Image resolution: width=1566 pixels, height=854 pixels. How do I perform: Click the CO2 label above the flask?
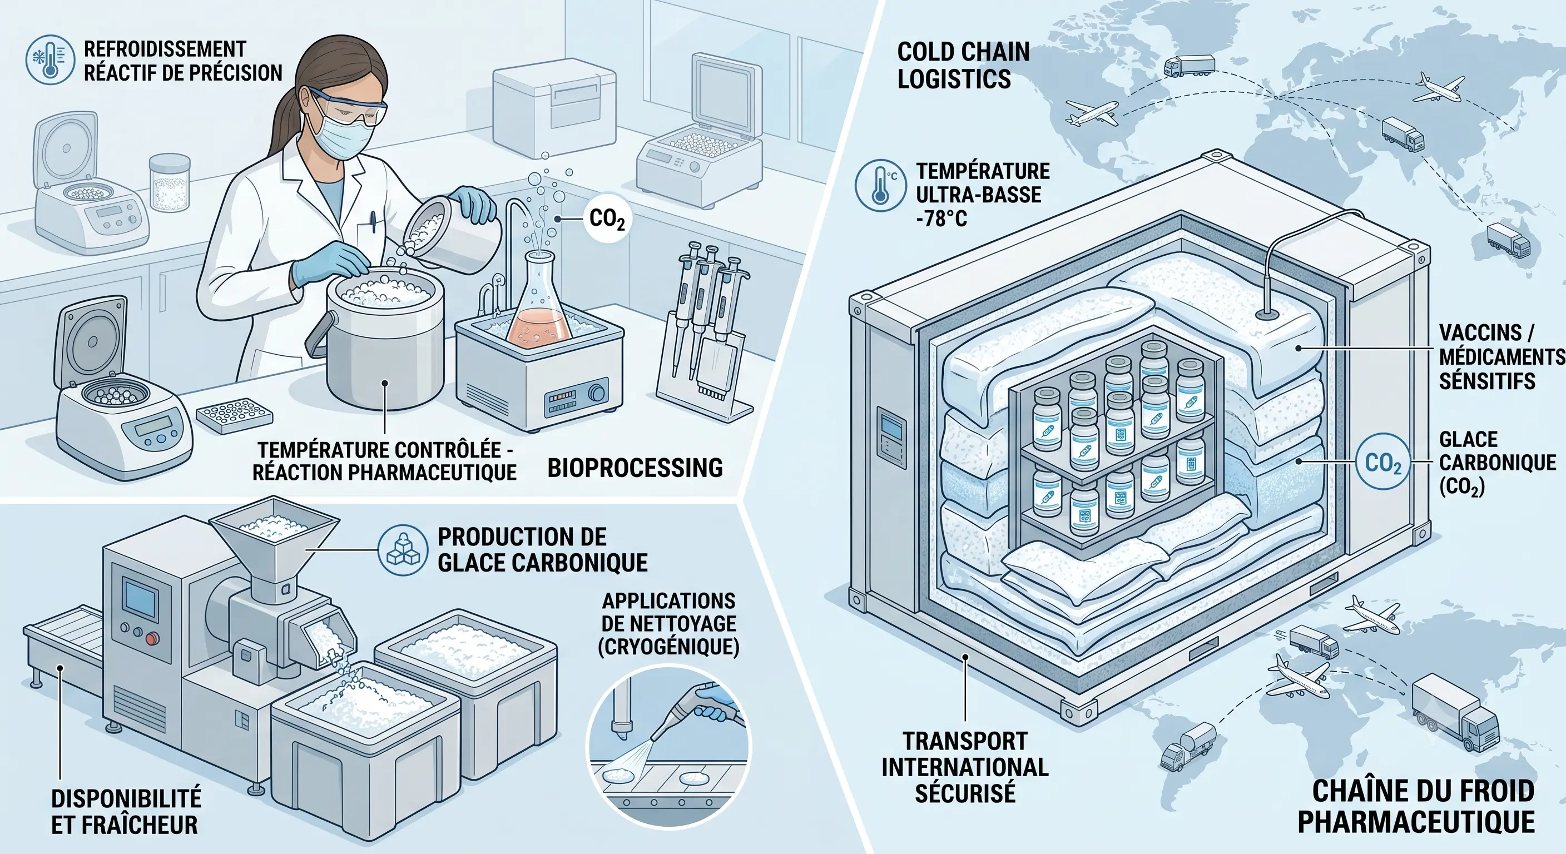[607, 220]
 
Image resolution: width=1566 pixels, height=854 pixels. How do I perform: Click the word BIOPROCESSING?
[635, 468]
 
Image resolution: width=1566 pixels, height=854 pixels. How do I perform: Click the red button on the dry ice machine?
[151, 638]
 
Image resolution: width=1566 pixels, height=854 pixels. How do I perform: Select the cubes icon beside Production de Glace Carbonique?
[403, 550]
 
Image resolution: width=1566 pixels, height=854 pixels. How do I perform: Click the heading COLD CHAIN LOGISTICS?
[964, 65]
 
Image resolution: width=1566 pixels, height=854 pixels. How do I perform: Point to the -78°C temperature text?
[941, 217]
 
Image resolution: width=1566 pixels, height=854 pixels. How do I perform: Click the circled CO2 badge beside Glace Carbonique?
[1383, 463]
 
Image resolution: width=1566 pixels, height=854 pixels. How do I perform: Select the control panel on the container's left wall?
[891, 436]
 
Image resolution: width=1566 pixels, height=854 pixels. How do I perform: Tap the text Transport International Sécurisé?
[965, 767]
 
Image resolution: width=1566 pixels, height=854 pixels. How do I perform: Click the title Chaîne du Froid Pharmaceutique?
[1416, 806]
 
